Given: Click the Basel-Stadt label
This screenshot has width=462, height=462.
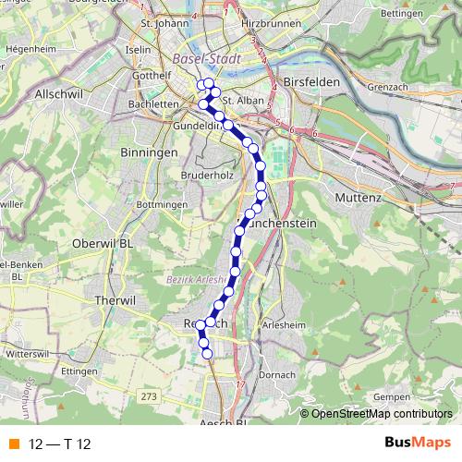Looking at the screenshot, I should (x=205, y=59).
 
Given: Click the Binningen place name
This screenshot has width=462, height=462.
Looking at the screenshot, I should (x=148, y=151).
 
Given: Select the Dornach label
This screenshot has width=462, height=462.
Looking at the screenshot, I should (x=277, y=373).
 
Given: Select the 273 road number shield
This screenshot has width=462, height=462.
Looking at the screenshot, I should (x=150, y=395).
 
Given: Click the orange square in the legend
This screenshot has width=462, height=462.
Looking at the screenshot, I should (x=12, y=444).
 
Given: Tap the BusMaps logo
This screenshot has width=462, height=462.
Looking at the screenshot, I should (x=418, y=444).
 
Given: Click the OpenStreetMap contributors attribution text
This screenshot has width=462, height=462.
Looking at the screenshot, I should (x=383, y=413).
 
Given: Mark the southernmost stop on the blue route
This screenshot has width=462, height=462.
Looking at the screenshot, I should (x=207, y=353).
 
